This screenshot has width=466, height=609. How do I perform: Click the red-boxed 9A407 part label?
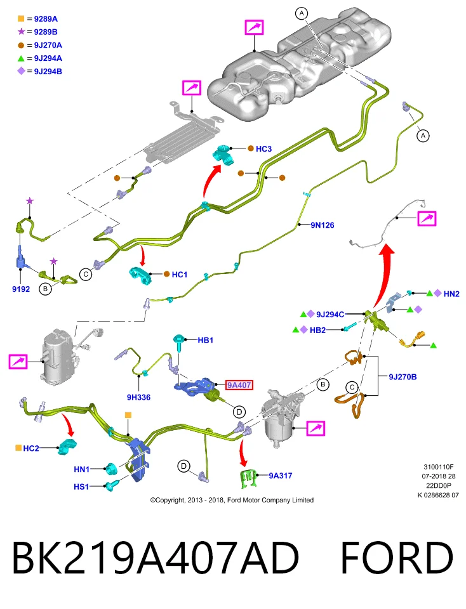click(x=239, y=385)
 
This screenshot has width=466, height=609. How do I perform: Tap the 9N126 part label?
click(x=322, y=225)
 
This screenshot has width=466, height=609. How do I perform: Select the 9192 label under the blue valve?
click(x=21, y=289)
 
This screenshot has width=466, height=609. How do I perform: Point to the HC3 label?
click(x=263, y=148)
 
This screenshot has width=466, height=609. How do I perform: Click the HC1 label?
click(x=180, y=275)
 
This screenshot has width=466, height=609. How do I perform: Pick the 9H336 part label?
click(x=138, y=397)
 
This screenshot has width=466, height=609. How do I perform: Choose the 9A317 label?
click(x=281, y=475)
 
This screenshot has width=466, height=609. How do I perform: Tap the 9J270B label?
click(x=403, y=377)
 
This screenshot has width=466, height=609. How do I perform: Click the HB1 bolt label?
click(x=206, y=340)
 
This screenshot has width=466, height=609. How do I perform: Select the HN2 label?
click(x=451, y=294)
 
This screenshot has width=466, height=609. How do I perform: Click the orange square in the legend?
click(x=21, y=18)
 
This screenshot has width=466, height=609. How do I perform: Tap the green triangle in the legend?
click(x=21, y=58)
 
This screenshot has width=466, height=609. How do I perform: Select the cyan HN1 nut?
click(x=111, y=469)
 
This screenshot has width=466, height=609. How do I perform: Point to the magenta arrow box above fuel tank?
click(x=254, y=27)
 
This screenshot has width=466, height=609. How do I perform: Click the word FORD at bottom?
click(x=396, y=557)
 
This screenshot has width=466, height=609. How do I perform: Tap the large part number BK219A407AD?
click(x=156, y=557)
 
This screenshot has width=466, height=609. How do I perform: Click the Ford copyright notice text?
click(x=232, y=501)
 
